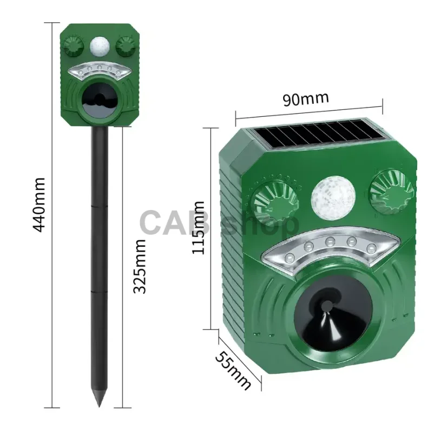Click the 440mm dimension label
[39, 205]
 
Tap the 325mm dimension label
[140, 266]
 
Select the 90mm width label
[306, 98]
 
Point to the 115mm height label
[198, 227]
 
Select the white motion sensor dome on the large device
[333, 198]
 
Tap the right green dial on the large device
[391, 192]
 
